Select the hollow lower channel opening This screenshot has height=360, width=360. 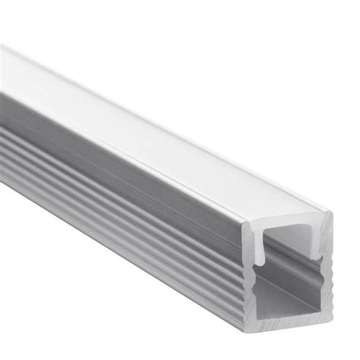point(293,292)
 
